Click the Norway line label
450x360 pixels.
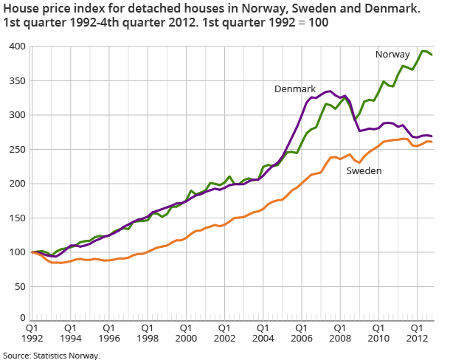pos(393,55)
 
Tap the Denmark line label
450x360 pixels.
pos(296,89)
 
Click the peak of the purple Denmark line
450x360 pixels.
pos(330,91)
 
